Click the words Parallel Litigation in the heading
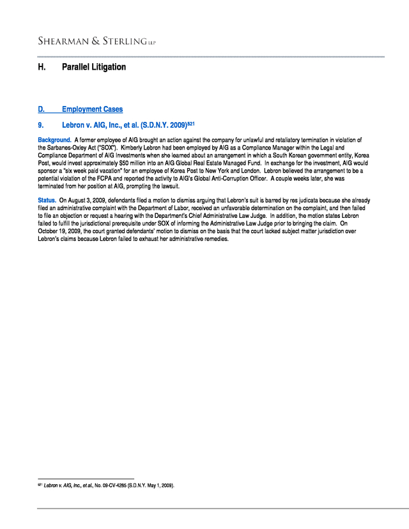94,67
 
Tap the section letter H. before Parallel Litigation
42,67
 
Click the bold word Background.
54,140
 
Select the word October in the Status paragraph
50,233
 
